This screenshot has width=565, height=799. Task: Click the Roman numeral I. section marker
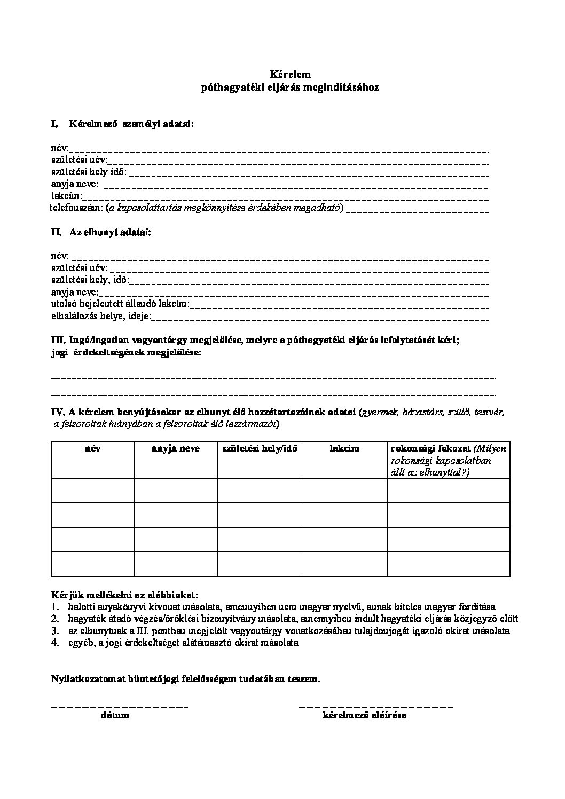pyautogui.click(x=54, y=124)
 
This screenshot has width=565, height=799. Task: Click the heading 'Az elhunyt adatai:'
pyautogui.click(x=110, y=233)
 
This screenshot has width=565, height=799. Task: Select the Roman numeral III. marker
pyautogui.click(x=58, y=340)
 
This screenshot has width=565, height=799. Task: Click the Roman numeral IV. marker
pyautogui.click(x=58, y=412)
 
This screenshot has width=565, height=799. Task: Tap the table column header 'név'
pyautogui.click(x=92, y=449)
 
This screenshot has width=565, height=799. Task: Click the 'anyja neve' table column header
pyautogui.click(x=175, y=449)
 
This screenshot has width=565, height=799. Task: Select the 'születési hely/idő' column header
pyautogui.click(x=260, y=449)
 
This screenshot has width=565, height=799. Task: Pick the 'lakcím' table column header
pyautogui.click(x=344, y=449)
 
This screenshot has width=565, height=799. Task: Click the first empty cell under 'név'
pyautogui.click(x=92, y=490)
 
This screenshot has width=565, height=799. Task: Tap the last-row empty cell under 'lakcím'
pyautogui.click(x=344, y=564)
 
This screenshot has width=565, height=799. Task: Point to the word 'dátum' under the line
pyautogui.click(x=115, y=715)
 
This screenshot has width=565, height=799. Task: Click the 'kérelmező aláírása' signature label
pyautogui.click(x=365, y=715)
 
